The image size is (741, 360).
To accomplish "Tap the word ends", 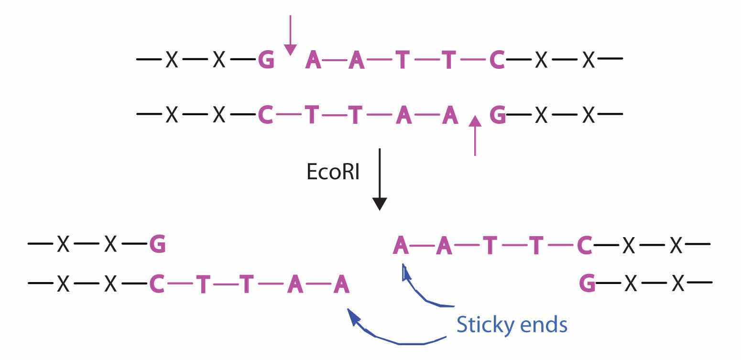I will point(543,325).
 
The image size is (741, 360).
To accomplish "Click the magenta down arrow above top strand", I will point(290,36).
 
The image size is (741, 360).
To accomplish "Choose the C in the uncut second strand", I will point(265,115).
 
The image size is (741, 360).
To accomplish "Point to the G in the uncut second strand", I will point(498,115).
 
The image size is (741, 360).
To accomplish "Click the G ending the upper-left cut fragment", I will point(157,245).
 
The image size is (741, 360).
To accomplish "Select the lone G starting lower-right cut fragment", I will point(587,285).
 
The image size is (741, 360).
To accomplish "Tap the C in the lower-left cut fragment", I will point(157,285).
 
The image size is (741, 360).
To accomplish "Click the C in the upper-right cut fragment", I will point(585,245).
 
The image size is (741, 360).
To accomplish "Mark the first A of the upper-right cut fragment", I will point(401,245).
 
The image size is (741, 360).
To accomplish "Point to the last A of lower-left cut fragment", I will point(341,285).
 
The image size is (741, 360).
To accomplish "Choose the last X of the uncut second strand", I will point(588,115).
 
